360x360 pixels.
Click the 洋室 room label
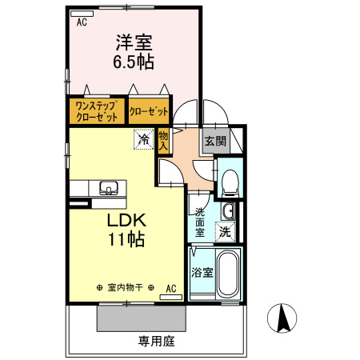[134, 42]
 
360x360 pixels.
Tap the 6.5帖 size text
[134, 62]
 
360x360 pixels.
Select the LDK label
[126, 220]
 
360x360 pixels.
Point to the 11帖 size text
[126, 239]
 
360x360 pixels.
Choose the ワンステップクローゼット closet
[97, 111]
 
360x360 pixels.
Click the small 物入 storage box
[163, 141]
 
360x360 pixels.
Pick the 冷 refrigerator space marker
[144, 139]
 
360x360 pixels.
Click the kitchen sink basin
[109, 187]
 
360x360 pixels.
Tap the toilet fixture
[230, 183]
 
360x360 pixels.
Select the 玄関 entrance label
[215, 141]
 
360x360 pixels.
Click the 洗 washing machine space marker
[226, 232]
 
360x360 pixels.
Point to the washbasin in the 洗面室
[228, 211]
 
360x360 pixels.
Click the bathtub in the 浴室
[228, 274]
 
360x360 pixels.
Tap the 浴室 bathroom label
[202, 273]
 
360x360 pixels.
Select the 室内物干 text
[125, 287]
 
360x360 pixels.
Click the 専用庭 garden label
[156, 342]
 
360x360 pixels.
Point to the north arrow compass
[282, 318]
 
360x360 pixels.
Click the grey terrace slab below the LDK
[142, 318]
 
